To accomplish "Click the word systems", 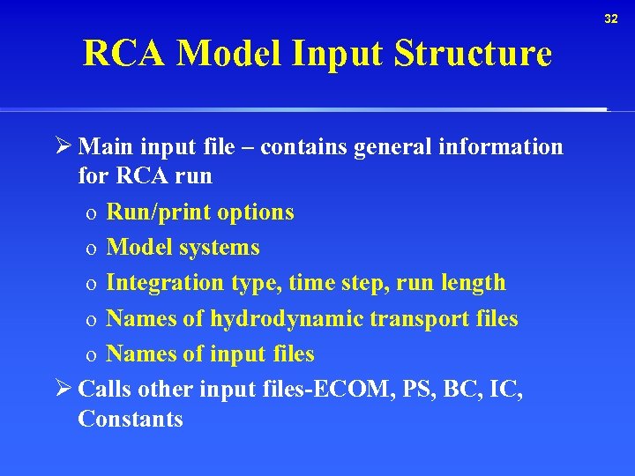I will tap(220, 248).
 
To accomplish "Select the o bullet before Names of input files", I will tap(91, 355).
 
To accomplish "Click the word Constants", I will tap(131, 420).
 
